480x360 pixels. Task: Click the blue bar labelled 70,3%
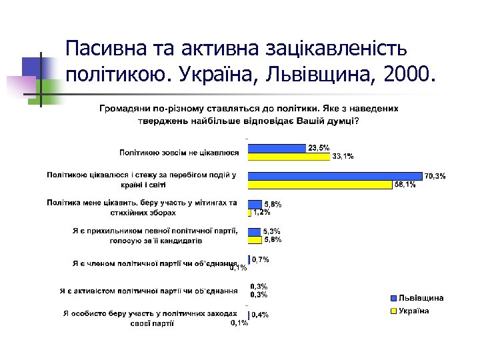click(x=335, y=176)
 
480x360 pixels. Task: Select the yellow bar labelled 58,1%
click(x=319, y=184)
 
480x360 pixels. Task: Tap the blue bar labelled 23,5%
click(x=277, y=148)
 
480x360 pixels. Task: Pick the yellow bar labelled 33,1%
click(x=289, y=157)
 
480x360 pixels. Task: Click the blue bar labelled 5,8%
click(x=255, y=204)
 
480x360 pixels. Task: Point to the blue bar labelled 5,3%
click(x=254, y=231)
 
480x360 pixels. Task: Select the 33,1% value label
click(x=343, y=157)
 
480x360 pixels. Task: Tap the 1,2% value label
click(x=261, y=212)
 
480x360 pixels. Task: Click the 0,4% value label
click(x=260, y=315)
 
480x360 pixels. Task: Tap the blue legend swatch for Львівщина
click(x=393, y=298)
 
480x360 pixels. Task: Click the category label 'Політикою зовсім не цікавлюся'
click(x=179, y=153)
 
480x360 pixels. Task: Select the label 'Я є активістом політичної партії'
click(x=148, y=291)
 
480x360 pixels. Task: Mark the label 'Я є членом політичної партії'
click(x=155, y=263)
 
